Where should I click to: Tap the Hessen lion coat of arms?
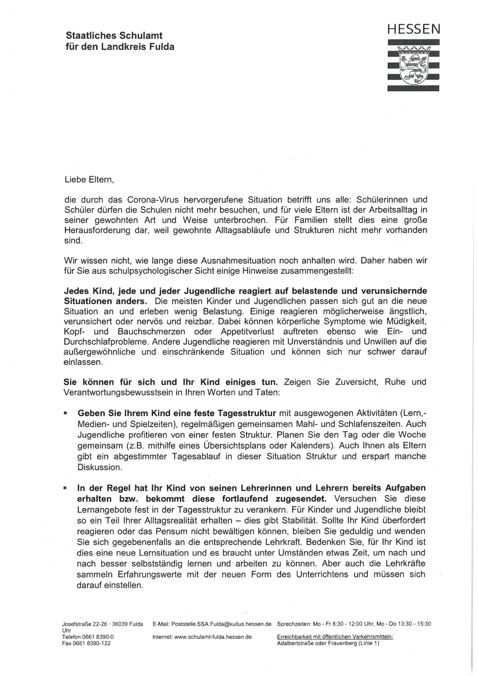[414, 65]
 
